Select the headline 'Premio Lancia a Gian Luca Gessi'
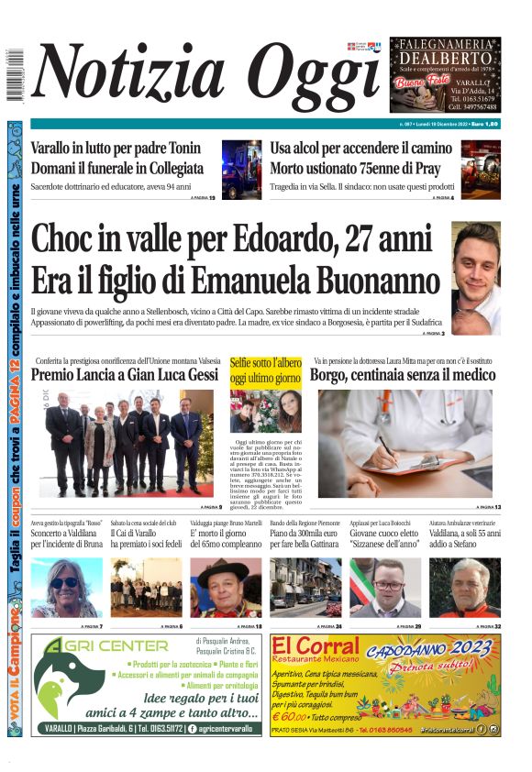[x=125, y=375]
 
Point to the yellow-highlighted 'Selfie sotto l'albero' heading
[x=266, y=370]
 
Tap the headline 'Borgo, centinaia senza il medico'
[x=403, y=375]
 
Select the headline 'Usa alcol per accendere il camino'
[x=360, y=149]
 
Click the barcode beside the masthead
[x=15, y=74]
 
